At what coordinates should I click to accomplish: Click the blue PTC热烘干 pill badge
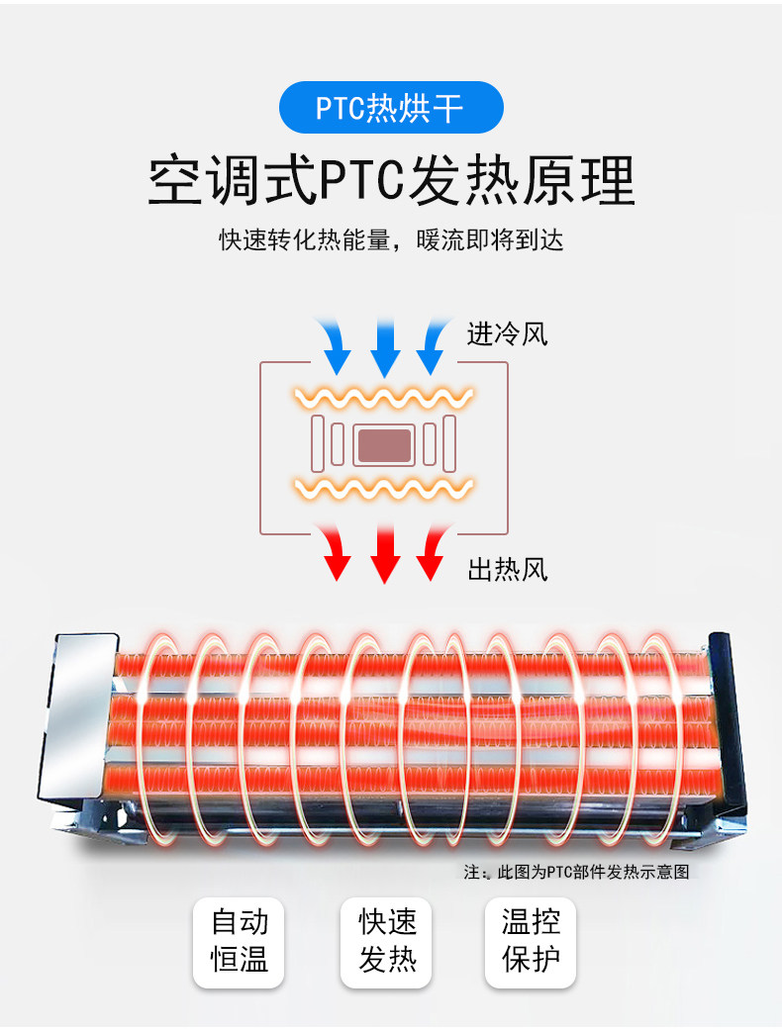(x=391, y=107)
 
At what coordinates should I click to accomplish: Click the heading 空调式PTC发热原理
(x=391, y=180)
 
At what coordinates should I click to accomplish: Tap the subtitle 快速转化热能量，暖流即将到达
(x=391, y=240)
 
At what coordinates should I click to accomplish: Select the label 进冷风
(x=507, y=334)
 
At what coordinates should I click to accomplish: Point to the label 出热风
(x=507, y=569)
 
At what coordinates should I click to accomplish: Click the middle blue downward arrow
(x=385, y=346)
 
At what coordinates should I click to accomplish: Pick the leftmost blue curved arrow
(x=335, y=345)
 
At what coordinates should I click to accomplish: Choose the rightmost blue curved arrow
(x=435, y=345)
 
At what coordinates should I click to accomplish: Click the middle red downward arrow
(x=385, y=554)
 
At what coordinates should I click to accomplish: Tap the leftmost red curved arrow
(x=335, y=551)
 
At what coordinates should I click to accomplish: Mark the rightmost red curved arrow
(x=435, y=551)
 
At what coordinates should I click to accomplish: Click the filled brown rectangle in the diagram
(x=384, y=445)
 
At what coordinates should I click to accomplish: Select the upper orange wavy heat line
(x=384, y=398)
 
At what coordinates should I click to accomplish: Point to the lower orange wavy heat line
(x=384, y=489)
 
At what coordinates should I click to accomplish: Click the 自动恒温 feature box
(x=239, y=942)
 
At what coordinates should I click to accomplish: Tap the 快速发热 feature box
(x=386, y=942)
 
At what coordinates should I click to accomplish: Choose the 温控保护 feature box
(x=531, y=942)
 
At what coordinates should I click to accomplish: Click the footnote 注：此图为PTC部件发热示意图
(x=576, y=872)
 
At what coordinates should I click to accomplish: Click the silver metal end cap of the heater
(x=77, y=716)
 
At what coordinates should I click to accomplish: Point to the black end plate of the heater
(x=728, y=723)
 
